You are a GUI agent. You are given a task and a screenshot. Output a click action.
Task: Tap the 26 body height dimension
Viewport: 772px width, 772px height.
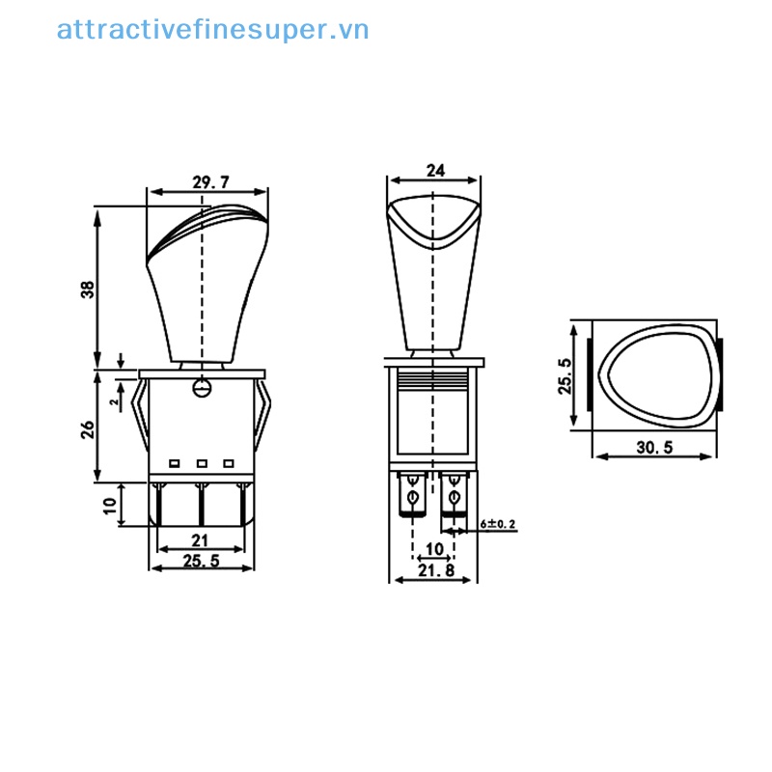coord(87,427)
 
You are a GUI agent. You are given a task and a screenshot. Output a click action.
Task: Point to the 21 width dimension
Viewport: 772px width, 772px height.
coord(201,539)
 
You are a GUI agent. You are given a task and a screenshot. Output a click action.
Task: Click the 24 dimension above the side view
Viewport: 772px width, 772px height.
coord(435,170)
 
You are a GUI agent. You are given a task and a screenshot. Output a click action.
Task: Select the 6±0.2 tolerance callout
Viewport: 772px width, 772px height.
coord(499,524)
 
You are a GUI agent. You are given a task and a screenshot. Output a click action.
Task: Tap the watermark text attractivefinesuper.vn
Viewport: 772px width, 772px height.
coord(212,30)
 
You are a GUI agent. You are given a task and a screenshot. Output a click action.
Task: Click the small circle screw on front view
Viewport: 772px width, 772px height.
coord(202,388)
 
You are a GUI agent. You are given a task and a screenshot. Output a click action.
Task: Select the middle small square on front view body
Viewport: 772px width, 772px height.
coord(202,463)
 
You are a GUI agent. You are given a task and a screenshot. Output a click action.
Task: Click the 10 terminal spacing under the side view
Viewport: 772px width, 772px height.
coord(433,548)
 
